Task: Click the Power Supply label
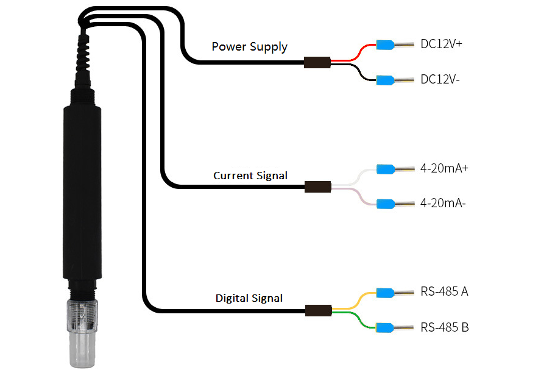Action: (x=249, y=47)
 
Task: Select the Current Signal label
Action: (x=250, y=176)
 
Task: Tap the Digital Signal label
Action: (x=249, y=299)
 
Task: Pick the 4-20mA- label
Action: (x=443, y=204)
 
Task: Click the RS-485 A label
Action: (x=444, y=292)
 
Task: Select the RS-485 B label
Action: (x=444, y=327)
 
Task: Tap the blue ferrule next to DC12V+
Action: (x=384, y=44)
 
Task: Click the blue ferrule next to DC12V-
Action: (x=384, y=80)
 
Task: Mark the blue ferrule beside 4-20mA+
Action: (x=384, y=168)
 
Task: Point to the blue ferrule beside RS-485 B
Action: (x=384, y=327)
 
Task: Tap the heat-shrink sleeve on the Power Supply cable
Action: (x=317, y=62)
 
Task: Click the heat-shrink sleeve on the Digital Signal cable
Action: (x=317, y=310)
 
